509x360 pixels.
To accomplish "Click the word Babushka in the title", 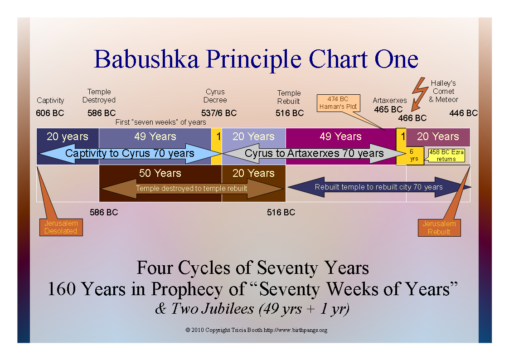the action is click(x=146, y=59).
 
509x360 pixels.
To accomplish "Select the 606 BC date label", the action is click(x=50, y=113).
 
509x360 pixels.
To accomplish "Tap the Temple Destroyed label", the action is click(x=99, y=96).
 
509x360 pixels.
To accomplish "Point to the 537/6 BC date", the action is click(x=219, y=113).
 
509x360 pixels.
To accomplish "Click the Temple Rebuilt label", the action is click(x=289, y=97).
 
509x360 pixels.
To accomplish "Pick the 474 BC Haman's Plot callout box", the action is click(x=338, y=103).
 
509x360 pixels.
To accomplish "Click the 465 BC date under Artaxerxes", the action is click(x=388, y=109).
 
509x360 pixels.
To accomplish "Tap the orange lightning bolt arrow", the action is click(x=419, y=94).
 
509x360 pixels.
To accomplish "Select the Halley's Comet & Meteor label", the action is click(x=443, y=91).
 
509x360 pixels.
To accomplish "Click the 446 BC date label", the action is click(x=464, y=113).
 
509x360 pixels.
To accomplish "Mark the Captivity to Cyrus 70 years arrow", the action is click(x=130, y=153).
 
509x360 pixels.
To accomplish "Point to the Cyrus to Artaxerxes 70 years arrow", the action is click(x=314, y=153).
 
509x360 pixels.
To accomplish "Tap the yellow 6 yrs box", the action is click(x=414, y=156).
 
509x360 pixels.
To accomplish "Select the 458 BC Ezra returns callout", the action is click(x=446, y=156).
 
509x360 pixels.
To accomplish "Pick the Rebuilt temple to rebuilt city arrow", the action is click(x=379, y=187).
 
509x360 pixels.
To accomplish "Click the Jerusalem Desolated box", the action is click(x=61, y=227).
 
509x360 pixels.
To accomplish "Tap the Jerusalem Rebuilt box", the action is click(x=439, y=228).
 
